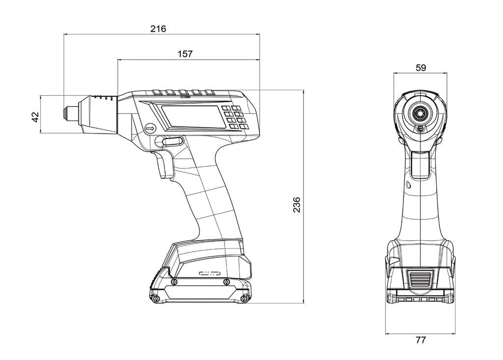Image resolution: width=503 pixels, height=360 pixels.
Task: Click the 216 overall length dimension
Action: coord(158,29)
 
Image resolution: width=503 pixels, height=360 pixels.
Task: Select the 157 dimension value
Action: coord(185,54)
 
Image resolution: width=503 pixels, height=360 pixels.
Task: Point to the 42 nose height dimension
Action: coord(35,117)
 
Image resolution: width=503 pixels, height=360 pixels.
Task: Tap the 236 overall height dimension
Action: coord(297,204)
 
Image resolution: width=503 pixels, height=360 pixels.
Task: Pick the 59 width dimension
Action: coord(420,68)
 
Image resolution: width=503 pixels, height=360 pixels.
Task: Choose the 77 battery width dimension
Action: coord(420,339)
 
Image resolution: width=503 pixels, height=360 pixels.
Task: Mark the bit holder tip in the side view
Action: coord(66,113)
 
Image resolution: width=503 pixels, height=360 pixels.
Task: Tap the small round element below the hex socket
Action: coord(420,129)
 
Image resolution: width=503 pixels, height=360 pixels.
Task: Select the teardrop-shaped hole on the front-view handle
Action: coord(408,185)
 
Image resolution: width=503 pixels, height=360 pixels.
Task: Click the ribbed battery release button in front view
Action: coord(420,280)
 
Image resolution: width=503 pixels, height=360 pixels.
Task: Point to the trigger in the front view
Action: coord(420,164)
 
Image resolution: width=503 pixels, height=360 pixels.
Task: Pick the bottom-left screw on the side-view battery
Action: coord(156,299)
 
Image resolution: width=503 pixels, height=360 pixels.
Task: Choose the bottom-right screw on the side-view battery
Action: coord(243,299)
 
